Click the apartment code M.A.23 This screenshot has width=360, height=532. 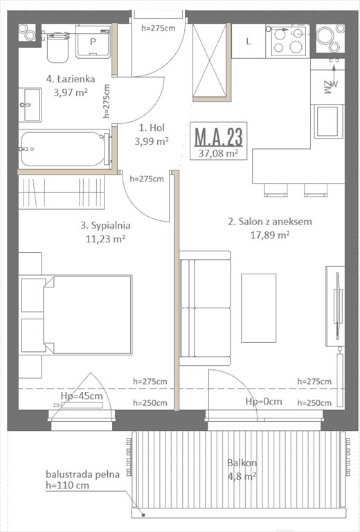[217, 135]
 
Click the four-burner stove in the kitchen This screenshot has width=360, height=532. [288, 40]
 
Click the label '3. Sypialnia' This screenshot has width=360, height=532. [105, 225]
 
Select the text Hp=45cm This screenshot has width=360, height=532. [82, 396]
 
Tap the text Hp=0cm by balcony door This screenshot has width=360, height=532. [264, 402]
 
